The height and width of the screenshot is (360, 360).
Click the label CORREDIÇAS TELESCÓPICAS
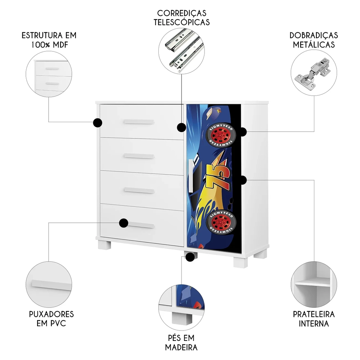click(x=182, y=18)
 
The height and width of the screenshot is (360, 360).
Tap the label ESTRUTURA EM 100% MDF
click(x=49, y=40)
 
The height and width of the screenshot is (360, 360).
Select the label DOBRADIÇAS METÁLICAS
click(x=314, y=40)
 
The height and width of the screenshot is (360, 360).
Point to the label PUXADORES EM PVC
click(x=51, y=319)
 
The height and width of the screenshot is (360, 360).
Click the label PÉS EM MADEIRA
click(x=181, y=343)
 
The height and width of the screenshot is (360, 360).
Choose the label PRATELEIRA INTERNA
click(x=314, y=319)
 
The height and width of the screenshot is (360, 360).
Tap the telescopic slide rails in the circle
click(x=182, y=51)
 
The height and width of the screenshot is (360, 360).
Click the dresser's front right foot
click(x=240, y=262)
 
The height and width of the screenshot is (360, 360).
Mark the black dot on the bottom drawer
click(x=123, y=223)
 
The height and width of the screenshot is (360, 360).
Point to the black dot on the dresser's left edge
click(x=97, y=123)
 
